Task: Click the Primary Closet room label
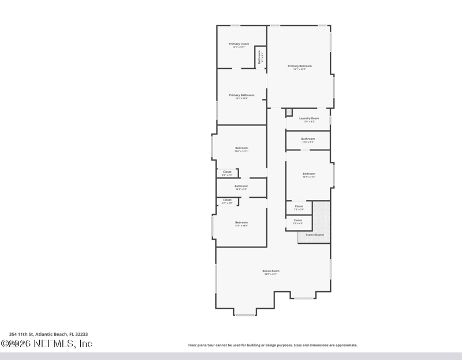[239, 44]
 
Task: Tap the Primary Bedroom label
[299, 66]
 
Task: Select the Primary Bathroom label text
[241, 95]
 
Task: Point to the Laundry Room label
[309, 118]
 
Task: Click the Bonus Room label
[271, 270]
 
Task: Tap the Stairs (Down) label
[315, 235]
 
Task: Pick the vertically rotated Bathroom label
[260, 58]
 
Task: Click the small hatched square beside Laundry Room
[289, 112]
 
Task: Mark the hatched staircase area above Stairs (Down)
[321, 216]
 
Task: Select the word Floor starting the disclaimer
[193, 345]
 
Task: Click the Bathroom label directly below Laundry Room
[308, 139]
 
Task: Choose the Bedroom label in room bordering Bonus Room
[241, 222]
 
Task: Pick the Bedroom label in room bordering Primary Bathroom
[241, 148]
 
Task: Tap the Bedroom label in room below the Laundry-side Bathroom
[309, 174]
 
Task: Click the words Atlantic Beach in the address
[49, 334]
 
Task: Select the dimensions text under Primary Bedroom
[299, 70]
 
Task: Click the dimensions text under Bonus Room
[271, 274]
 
